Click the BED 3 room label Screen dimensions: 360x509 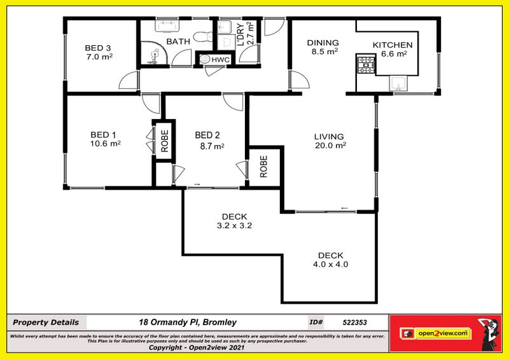pyautogui.click(x=98, y=48)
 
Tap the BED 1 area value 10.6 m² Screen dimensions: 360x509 pyautogui.click(x=105, y=144)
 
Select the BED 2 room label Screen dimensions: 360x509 pyautogui.click(x=207, y=135)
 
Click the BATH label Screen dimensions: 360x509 pyautogui.click(x=178, y=42)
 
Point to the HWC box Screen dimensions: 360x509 pyautogui.click(x=220, y=59)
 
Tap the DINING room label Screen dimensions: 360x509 pyautogui.click(x=323, y=43)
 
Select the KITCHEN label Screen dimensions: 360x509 pyautogui.click(x=393, y=45)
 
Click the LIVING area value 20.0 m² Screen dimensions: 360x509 pyautogui.click(x=330, y=145)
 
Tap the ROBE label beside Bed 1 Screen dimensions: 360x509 pyautogui.click(x=164, y=141)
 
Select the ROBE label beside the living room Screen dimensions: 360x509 pyautogui.click(x=264, y=167)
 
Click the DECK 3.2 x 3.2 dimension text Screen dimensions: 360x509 pyautogui.click(x=234, y=225)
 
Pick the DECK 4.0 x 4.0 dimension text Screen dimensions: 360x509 pyautogui.click(x=330, y=264)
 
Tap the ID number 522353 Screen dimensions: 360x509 pyautogui.click(x=354, y=322)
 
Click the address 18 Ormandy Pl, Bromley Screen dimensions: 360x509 pyautogui.click(x=188, y=322)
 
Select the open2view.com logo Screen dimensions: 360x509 pyautogui.click(x=443, y=333)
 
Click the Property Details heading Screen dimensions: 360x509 pyautogui.click(x=46, y=322)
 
